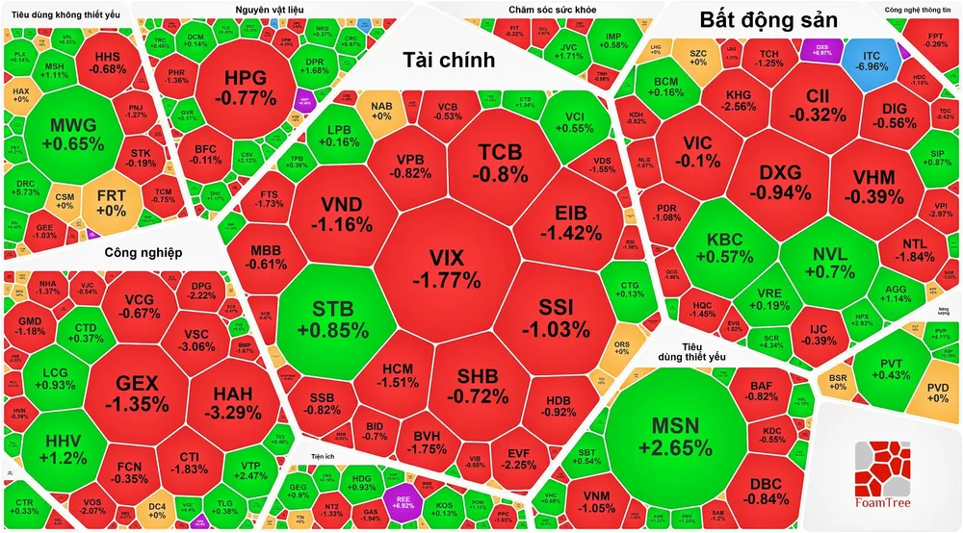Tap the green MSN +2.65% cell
[674, 436]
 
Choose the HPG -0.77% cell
[237, 87]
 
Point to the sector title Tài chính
[448, 61]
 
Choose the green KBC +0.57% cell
[729, 247]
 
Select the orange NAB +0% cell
[381, 110]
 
